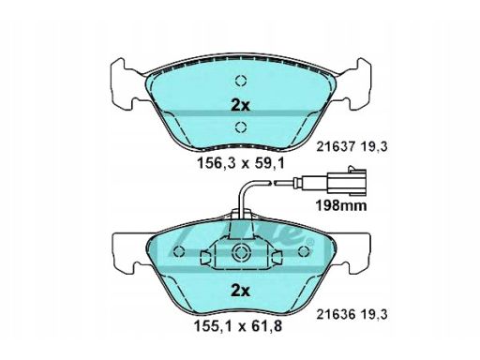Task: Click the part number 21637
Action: (336, 146)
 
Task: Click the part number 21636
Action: (336, 314)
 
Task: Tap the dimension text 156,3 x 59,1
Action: (241, 163)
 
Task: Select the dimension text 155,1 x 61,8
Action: (238, 326)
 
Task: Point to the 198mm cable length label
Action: (341, 205)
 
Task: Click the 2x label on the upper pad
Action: (240, 106)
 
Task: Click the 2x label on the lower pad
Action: (240, 291)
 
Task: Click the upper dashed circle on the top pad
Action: (241, 81)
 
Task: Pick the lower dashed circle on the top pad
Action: (241, 127)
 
